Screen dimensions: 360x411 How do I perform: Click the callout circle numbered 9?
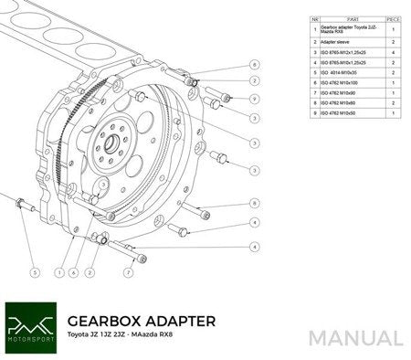tap(255, 99)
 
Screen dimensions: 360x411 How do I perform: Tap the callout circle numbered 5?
tap(34, 271)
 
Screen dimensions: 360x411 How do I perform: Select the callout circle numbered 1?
tap(58, 271)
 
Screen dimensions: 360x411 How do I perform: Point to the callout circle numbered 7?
tap(128, 271)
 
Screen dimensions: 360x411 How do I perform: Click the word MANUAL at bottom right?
tap(355, 337)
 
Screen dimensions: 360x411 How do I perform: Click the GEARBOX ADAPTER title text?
tap(142, 321)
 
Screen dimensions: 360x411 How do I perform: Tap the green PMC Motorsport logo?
tap(31, 326)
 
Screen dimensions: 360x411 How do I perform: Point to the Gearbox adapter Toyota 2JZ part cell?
tap(345, 29)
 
